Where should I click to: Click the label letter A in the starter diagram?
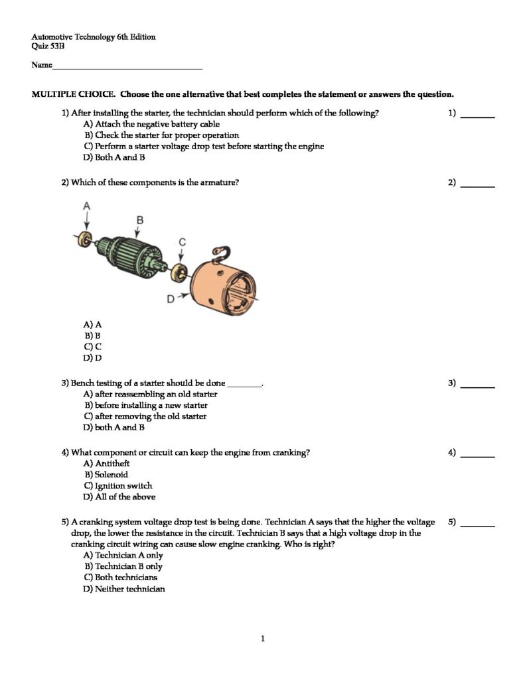[x=87, y=207]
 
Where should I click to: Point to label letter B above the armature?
[x=140, y=219]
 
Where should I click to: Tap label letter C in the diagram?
[x=182, y=243]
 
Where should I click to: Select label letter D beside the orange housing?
[x=171, y=299]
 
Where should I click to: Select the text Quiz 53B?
[x=48, y=46]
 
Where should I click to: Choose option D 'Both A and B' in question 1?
[x=114, y=158]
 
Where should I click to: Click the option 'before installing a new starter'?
[x=145, y=405]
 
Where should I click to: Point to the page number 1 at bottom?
[x=263, y=639]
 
